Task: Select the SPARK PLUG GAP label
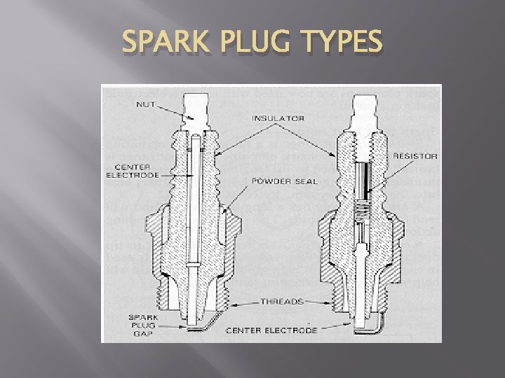[x=142, y=324]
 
